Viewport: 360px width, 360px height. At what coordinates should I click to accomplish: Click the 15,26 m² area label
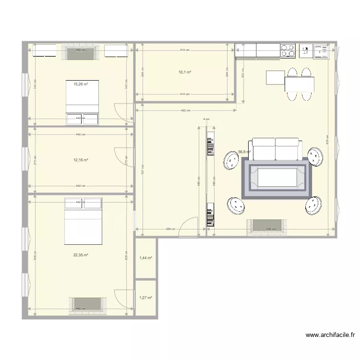click(80, 84)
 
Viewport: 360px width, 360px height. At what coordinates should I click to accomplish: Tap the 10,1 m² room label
click(185, 72)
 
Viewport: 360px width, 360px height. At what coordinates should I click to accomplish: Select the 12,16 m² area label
click(80, 160)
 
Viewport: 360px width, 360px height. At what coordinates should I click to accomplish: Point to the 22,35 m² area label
click(80, 255)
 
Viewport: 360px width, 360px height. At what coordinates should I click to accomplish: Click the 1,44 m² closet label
click(145, 258)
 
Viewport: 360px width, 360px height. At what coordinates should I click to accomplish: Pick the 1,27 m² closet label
click(145, 298)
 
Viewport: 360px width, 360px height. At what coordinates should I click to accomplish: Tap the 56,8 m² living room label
click(245, 152)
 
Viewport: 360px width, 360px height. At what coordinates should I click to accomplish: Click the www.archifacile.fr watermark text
click(330, 336)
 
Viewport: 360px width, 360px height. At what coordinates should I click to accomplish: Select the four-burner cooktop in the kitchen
click(287, 50)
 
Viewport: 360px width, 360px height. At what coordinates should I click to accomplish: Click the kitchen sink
click(321, 50)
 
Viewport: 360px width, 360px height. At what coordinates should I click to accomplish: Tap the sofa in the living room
click(275, 149)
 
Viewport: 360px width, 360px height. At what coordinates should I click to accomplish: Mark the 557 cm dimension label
click(143, 172)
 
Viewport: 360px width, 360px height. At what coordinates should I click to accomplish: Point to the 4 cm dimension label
click(206, 119)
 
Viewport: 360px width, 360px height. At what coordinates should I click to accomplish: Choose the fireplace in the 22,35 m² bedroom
click(87, 303)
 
